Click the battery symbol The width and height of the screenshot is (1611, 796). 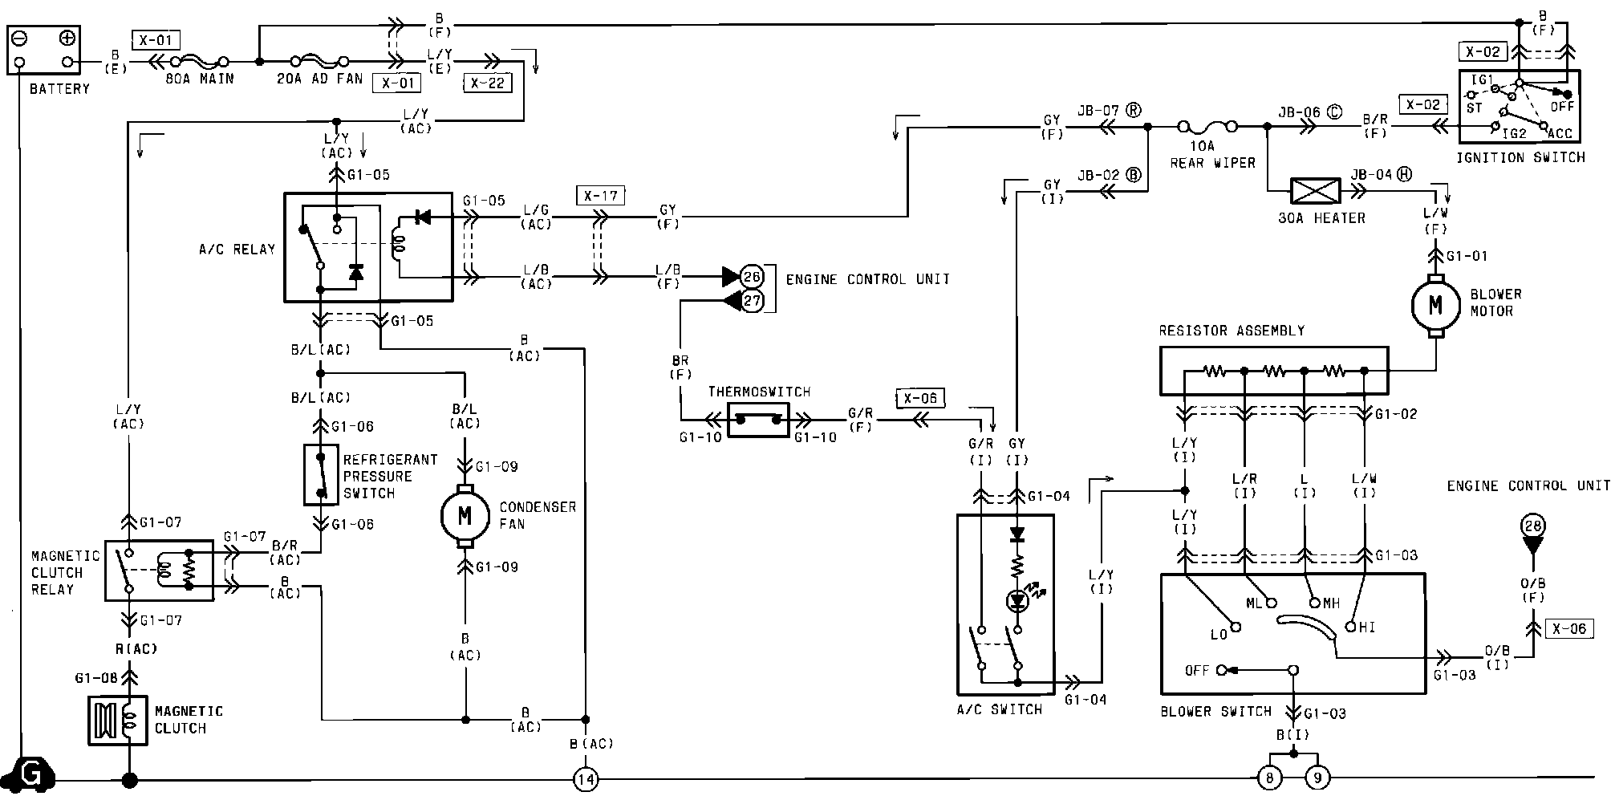point(43,50)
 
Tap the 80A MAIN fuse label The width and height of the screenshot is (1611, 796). point(200,79)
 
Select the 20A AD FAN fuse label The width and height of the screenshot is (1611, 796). point(320,79)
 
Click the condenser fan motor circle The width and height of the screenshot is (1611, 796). point(465,516)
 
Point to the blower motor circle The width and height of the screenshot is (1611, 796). point(1435,305)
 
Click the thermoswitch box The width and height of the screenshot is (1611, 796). point(758,420)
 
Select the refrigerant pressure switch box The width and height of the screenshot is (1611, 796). point(321,475)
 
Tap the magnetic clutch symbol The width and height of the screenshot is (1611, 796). point(117,720)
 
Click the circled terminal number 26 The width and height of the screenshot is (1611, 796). point(752,277)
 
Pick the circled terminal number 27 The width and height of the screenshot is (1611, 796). point(752,302)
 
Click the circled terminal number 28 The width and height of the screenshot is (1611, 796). point(1532,526)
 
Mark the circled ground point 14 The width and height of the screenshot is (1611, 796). point(586,779)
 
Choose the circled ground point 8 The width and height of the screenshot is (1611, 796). point(1269,778)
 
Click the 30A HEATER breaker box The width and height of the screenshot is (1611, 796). point(1314,190)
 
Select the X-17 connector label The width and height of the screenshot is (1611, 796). point(600,194)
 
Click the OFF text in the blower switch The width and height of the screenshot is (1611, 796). point(1197,670)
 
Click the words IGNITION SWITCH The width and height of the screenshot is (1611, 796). point(1521,157)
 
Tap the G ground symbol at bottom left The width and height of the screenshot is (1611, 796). point(32,774)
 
